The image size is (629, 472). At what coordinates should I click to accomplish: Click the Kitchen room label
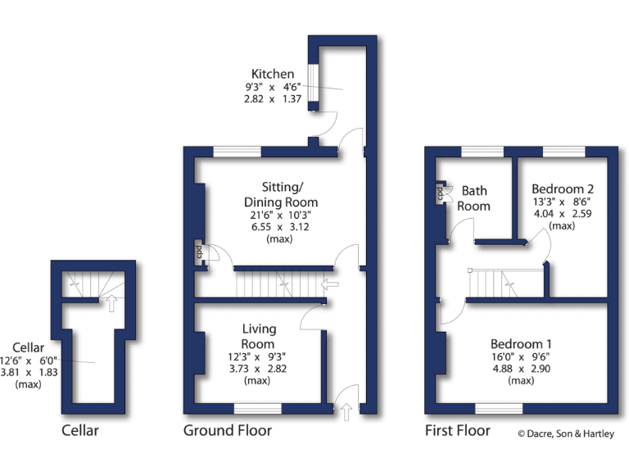coord(273,74)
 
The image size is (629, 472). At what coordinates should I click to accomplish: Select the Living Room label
coord(258,337)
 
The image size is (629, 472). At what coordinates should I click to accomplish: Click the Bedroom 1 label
coord(521,343)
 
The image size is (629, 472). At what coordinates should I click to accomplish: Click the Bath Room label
coord(473,198)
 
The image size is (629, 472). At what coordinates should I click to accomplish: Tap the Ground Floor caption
coord(227,430)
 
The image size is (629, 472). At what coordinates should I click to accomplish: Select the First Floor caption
coord(457,430)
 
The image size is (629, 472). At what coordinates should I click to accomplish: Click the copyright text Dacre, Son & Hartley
coord(566,434)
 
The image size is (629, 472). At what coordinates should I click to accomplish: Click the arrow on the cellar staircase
coord(110,304)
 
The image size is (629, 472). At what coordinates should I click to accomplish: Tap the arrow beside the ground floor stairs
coord(331,284)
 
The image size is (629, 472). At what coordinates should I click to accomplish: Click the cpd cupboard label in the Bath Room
coord(440,194)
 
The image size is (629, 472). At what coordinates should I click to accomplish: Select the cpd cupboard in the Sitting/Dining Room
coord(199,252)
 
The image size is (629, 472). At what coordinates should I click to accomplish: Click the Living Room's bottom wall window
coord(257,408)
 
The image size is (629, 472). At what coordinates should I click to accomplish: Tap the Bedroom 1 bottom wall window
coord(499,408)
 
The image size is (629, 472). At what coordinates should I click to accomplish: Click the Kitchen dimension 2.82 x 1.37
coord(273,98)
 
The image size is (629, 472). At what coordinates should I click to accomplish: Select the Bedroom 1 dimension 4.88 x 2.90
coord(521,369)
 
